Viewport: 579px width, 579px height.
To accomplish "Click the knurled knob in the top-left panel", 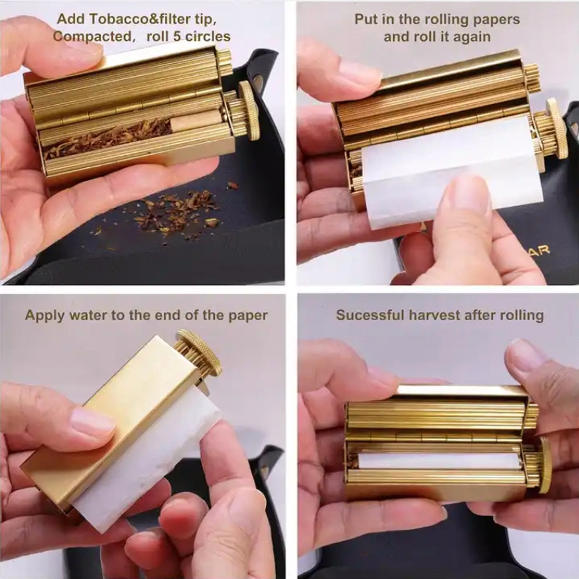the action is coord(249,111).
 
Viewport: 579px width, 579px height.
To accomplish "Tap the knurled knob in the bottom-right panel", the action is coord(544,465).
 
